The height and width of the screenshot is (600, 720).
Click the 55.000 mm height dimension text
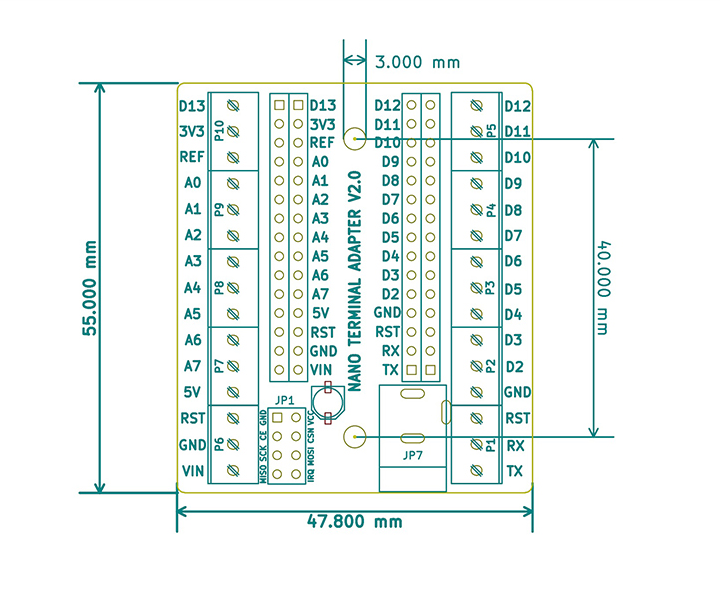89,287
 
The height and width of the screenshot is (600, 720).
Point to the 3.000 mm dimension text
417,62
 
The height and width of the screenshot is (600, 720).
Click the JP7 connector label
411,455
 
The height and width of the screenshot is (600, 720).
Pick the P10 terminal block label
219,132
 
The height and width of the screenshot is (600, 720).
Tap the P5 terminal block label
491,131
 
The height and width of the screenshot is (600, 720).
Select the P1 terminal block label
491,445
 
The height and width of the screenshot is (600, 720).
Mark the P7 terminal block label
219,366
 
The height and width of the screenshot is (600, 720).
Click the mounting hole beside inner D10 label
353,140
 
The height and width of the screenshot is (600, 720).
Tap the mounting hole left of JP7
353,436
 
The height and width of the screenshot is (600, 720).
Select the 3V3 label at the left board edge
191,131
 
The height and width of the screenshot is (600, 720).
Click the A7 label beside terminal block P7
193,366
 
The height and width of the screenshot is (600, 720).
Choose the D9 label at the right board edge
513,184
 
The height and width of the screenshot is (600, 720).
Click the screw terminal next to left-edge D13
234,105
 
